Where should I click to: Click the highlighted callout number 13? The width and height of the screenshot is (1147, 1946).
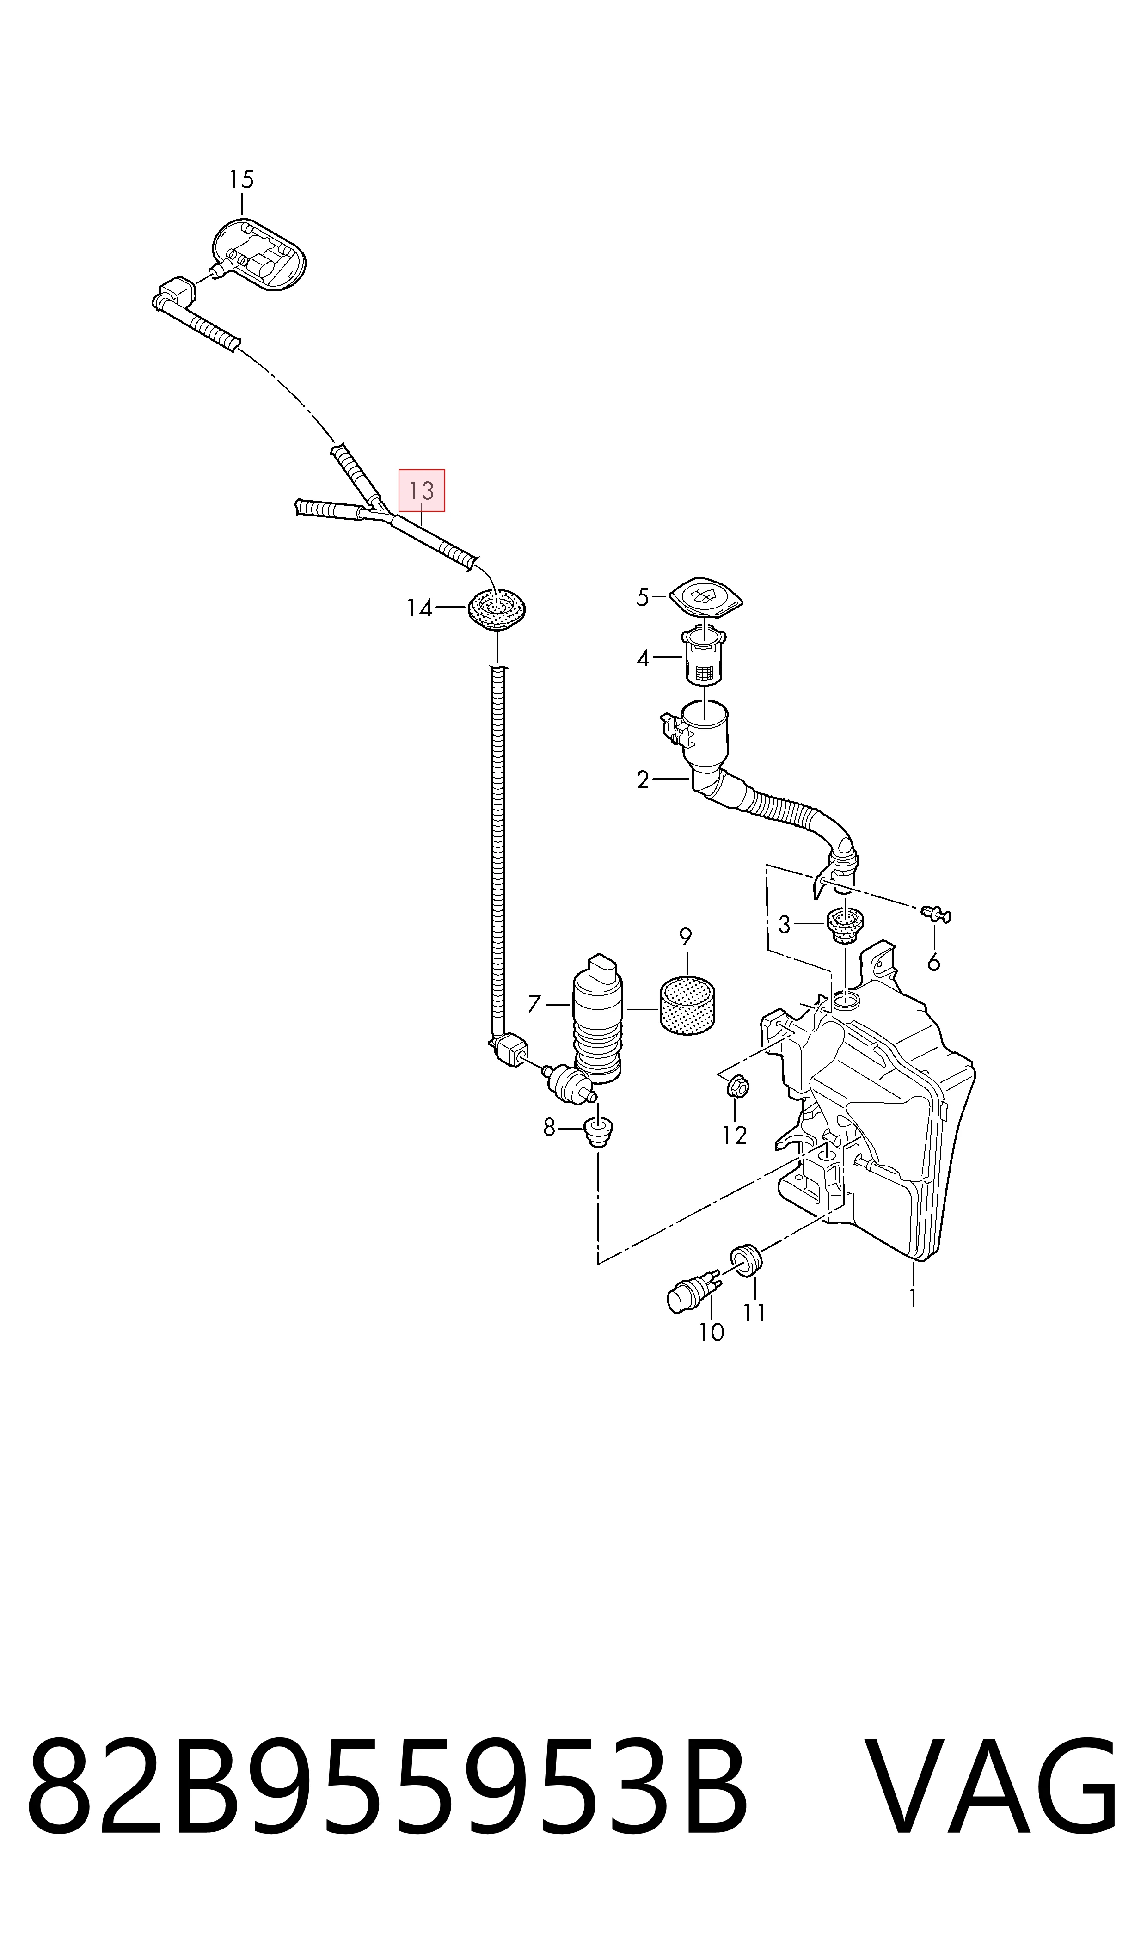[x=421, y=490]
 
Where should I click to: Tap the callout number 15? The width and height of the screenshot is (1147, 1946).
[x=241, y=179]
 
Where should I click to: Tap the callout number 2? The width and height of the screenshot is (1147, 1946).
[x=643, y=780]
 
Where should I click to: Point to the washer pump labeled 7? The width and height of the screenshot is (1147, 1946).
[x=597, y=1019]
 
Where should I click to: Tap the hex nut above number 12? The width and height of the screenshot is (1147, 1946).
[x=738, y=1087]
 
